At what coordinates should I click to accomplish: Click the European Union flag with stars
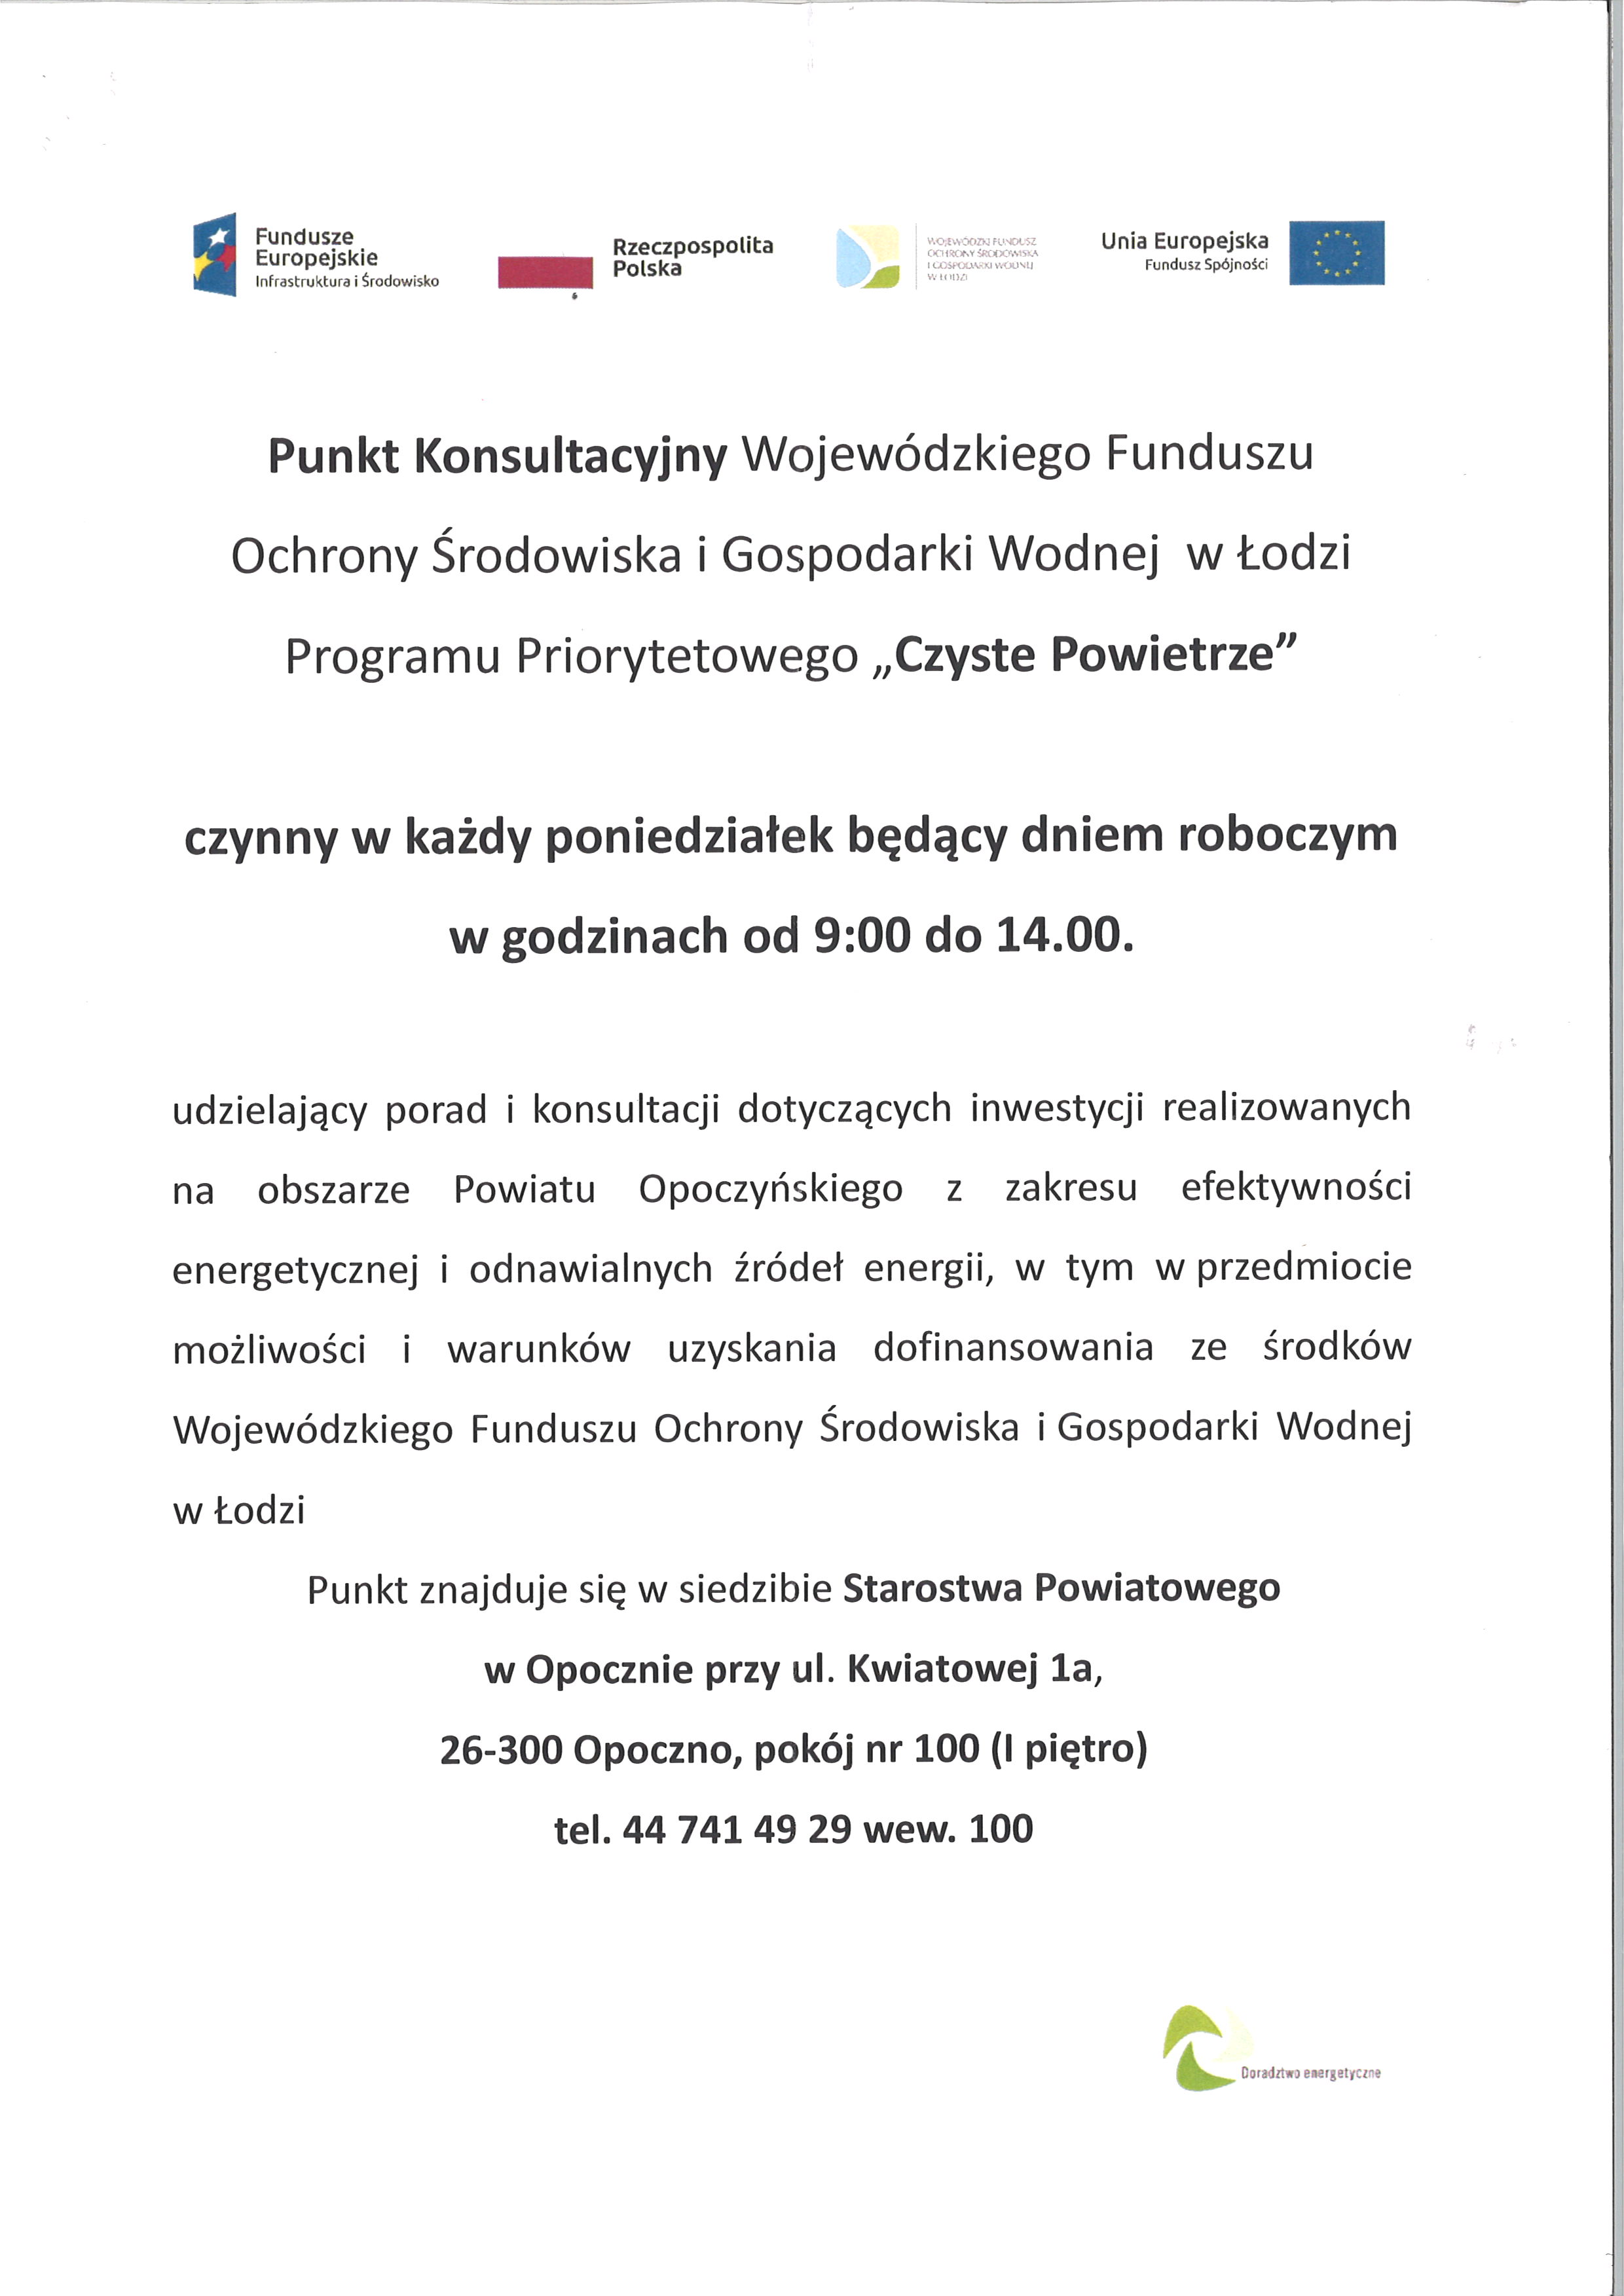(x=1336, y=253)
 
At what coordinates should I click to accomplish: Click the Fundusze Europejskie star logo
(x=214, y=254)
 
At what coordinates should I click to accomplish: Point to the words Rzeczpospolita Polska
(x=692, y=257)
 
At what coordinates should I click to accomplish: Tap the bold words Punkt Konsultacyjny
(x=497, y=456)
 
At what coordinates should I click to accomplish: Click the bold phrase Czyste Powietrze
(x=1095, y=655)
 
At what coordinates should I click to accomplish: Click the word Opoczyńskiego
(x=770, y=1189)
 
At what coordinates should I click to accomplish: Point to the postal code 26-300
(x=501, y=1749)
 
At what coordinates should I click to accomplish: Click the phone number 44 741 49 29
(x=737, y=1829)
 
